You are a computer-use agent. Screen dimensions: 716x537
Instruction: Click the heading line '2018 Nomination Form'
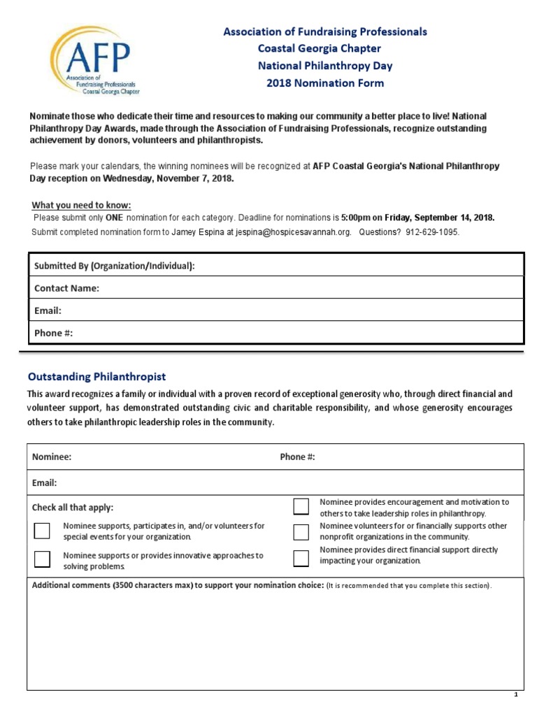click(x=324, y=83)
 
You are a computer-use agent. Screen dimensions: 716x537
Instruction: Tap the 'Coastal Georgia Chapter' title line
click(x=320, y=49)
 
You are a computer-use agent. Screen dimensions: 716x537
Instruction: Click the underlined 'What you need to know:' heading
click(x=81, y=205)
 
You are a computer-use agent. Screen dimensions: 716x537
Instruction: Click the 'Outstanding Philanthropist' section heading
click(x=96, y=377)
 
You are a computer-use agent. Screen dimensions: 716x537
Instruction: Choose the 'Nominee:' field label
click(x=52, y=457)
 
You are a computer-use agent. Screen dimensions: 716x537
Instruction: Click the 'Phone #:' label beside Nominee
click(x=297, y=457)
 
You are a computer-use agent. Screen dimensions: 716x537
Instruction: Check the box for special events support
click(x=43, y=531)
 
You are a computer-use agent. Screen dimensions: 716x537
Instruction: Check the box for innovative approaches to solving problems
click(x=43, y=559)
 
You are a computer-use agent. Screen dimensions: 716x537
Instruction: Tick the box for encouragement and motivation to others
click(x=301, y=506)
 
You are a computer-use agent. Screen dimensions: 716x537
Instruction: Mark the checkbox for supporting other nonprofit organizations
click(x=301, y=532)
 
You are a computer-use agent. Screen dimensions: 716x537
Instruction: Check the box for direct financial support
click(x=301, y=558)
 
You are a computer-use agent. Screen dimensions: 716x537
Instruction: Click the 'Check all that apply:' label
click(x=73, y=507)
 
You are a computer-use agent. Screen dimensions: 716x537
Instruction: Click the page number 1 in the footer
click(x=515, y=694)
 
